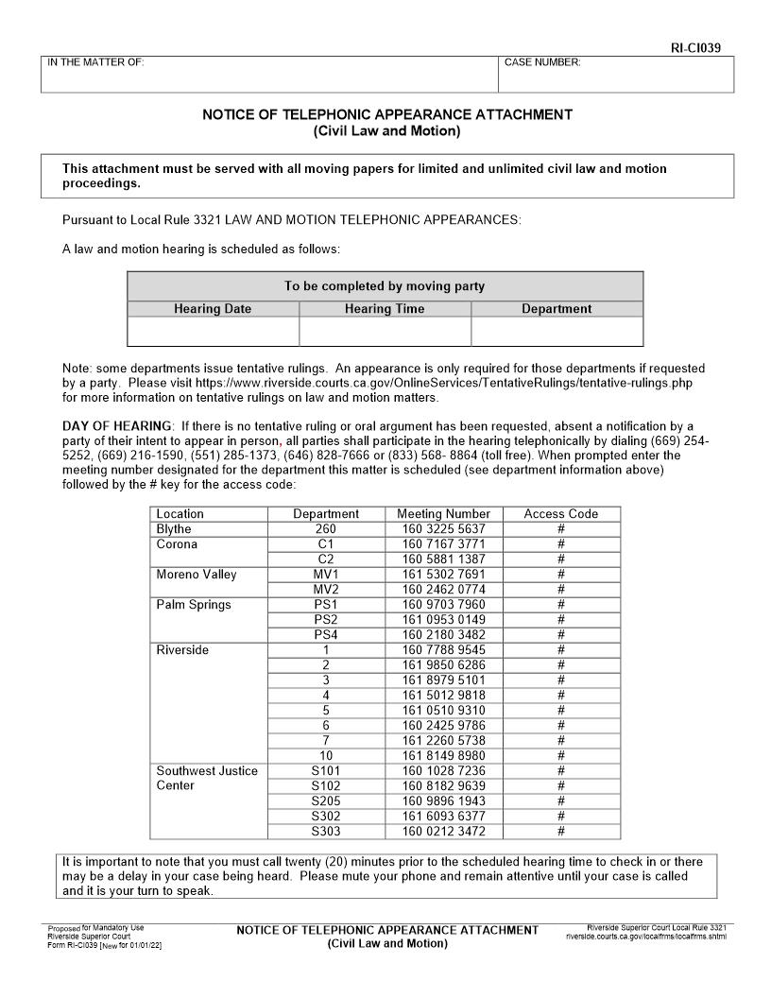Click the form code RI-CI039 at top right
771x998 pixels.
(x=701, y=47)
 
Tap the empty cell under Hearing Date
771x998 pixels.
(x=213, y=332)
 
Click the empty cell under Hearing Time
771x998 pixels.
(x=385, y=332)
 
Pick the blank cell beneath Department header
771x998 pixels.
(x=557, y=332)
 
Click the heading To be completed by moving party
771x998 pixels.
(x=385, y=286)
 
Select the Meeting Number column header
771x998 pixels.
(x=443, y=514)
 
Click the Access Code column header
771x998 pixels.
(x=561, y=514)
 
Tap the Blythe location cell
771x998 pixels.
(x=174, y=529)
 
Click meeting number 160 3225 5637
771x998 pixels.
(x=443, y=529)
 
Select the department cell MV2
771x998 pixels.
(x=326, y=590)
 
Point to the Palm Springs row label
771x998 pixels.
(x=194, y=605)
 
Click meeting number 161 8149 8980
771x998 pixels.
(x=443, y=756)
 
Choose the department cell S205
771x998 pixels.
(x=326, y=801)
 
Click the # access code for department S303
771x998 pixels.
(x=561, y=832)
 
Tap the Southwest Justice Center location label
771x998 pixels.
(x=206, y=778)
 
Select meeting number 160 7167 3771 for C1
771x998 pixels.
(x=443, y=544)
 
